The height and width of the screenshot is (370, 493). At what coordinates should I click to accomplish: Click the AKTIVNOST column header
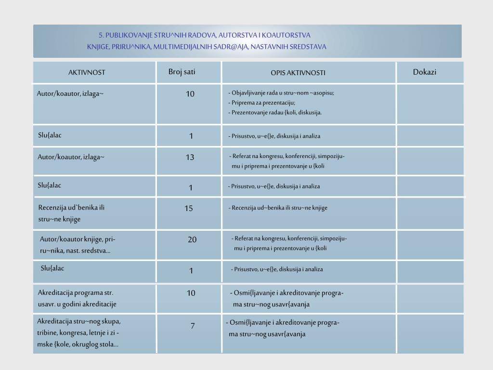pyautogui.click(x=87, y=72)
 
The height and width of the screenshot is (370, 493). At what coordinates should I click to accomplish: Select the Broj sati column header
pyautogui.click(x=182, y=72)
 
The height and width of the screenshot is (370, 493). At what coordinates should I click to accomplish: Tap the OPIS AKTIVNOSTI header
pyautogui.click(x=298, y=73)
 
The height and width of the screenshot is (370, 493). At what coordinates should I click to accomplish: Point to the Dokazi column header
pyautogui.click(x=425, y=72)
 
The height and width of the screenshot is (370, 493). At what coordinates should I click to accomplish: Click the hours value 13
pyautogui.click(x=190, y=157)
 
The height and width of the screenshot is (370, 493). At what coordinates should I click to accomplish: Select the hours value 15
pyautogui.click(x=189, y=208)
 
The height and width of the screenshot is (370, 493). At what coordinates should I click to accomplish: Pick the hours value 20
pyautogui.click(x=192, y=239)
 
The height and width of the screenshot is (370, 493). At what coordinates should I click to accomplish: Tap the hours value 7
pyautogui.click(x=193, y=326)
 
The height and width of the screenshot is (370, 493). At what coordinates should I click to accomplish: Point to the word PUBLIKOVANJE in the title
pyautogui.click(x=129, y=35)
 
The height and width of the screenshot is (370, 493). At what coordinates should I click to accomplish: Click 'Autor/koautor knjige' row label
pyautogui.click(x=78, y=239)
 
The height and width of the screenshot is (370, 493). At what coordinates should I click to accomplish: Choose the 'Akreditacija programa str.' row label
pyautogui.click(x=76, y=292)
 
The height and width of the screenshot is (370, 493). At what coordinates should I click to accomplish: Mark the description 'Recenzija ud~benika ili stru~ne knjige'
pyautogui.click(x=278, y=208)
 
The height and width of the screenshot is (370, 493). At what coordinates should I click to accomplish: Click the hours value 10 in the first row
pyautogui.click(x=190, y=94)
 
